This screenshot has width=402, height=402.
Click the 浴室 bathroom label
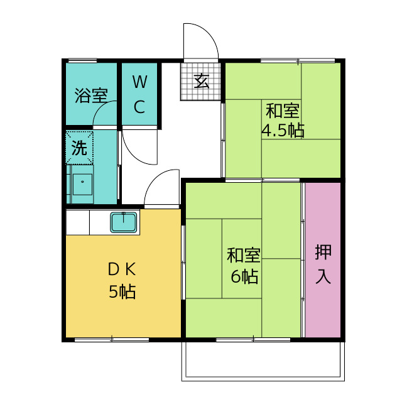(x=91, y=96)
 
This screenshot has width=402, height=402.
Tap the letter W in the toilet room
(x=139, y=82)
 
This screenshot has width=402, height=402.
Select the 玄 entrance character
(x=202, y=81)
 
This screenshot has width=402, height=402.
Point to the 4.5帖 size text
(x=283, y=130)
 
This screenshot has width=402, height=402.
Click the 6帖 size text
(x=244, y=276)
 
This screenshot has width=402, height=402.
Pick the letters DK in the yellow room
(x=122, y=269)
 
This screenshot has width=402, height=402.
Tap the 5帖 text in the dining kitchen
(x=122, y=291)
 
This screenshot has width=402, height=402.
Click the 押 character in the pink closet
(x=323, y=253)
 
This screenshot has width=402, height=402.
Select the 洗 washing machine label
(x=79, y=148)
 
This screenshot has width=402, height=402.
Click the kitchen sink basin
(x=124, y=222)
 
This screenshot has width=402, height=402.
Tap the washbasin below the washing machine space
(x=82, y=184)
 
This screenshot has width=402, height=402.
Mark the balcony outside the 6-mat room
(x=263, y=361)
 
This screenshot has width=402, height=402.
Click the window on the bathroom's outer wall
(x=82, y=60)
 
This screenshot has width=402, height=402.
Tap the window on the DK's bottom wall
(x=112, y=339)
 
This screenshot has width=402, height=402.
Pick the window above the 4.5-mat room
(x=298, y=60)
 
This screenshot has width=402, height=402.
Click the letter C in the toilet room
(x=139, y=107)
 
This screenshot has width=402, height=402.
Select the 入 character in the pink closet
(x=323, y=275)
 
